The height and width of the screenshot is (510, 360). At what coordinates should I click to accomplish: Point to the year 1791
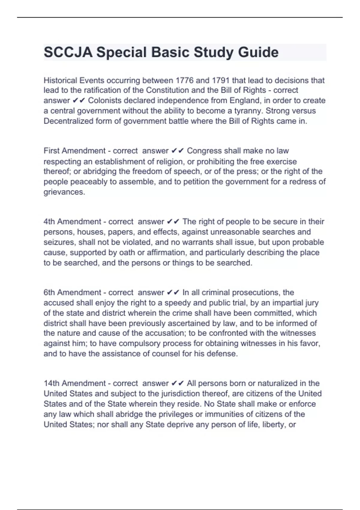221,80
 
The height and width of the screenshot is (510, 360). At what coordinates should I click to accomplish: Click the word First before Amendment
52,151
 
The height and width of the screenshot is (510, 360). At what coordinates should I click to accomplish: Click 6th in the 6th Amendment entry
49,292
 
